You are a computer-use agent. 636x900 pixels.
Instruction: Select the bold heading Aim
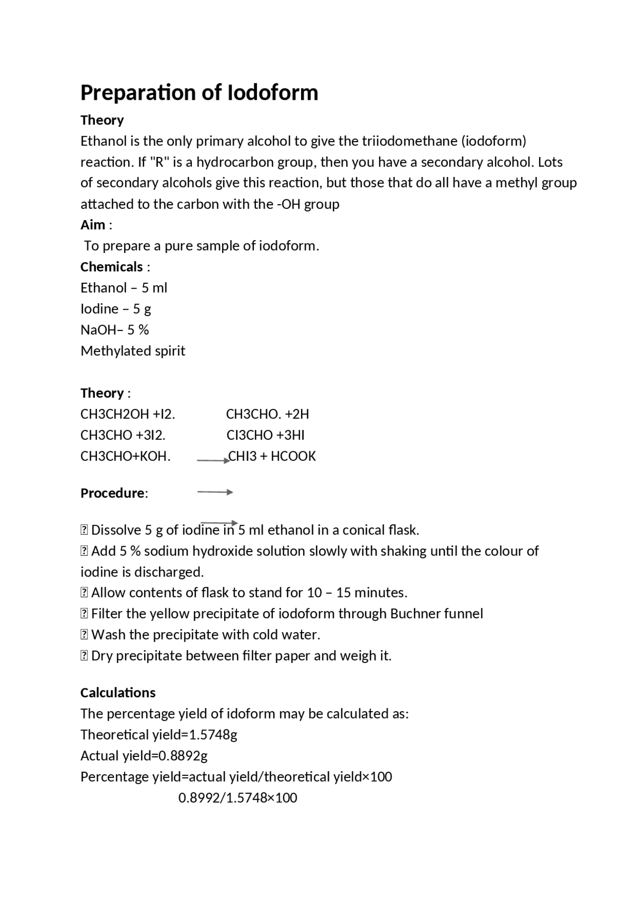(92, 225)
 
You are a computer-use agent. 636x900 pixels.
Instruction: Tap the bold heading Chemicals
(111, 267)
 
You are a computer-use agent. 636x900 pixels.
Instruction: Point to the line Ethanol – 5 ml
(124, 288)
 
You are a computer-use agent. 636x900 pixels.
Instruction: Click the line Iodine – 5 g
(116, 309)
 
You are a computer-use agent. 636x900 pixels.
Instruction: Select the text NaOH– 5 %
(115, 330)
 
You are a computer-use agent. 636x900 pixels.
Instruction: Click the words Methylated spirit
(133, 351)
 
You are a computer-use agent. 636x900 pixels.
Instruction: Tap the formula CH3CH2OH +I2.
(128, 414)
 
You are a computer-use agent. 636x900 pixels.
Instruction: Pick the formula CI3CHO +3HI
(265, 435)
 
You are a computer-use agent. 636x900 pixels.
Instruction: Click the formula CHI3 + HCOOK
(272, 456)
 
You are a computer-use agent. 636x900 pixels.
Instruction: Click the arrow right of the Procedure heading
(215, 492)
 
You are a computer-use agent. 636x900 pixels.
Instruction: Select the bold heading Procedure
(113, 493)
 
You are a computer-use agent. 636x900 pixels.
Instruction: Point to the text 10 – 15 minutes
(357, 593)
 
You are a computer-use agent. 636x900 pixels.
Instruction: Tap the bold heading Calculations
(118, 693)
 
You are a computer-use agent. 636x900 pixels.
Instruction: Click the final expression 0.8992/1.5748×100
(238, 798)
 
